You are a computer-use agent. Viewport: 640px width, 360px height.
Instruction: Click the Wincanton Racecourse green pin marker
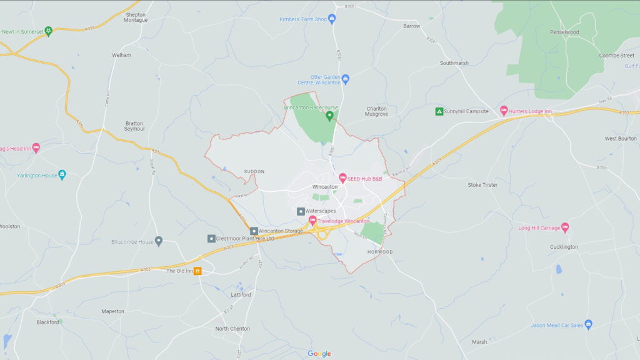click(329, 116)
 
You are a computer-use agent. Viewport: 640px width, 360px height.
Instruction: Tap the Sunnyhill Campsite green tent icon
click(439, 111)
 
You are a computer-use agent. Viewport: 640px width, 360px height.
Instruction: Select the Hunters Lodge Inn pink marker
click(504, 111)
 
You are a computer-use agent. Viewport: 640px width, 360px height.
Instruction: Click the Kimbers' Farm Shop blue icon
click(332, 19)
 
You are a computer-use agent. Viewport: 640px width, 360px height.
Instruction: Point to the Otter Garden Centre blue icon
click(345, 79)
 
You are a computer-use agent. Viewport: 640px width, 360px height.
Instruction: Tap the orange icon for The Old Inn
click(197, 271)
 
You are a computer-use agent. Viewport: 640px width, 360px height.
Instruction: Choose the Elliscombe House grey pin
click(159, 241)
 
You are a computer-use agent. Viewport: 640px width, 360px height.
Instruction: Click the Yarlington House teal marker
click(61, 175)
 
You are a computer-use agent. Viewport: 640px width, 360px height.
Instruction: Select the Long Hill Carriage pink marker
click(565, 227)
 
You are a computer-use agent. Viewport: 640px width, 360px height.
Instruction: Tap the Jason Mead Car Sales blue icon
click(588, 324)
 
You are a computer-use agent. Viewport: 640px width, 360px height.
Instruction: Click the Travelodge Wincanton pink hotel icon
click(312, 220)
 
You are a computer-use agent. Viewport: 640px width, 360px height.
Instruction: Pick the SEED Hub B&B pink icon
click(342, 178)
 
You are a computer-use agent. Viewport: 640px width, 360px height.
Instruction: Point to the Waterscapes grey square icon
click(301, 211)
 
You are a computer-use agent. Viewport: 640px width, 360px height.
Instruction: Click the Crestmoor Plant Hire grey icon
click(211, 238)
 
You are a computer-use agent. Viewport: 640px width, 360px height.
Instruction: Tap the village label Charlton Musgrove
click(376, 111)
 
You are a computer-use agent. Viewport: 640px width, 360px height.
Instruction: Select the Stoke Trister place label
click(483, 185)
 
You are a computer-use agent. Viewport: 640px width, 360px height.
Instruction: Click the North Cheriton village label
click(232, 329)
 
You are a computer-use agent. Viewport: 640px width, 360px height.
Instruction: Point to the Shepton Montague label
click(136, 17)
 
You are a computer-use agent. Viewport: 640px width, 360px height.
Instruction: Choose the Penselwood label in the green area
click(564, 32)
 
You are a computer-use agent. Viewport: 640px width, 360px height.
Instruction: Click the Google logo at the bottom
click(319, 354)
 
